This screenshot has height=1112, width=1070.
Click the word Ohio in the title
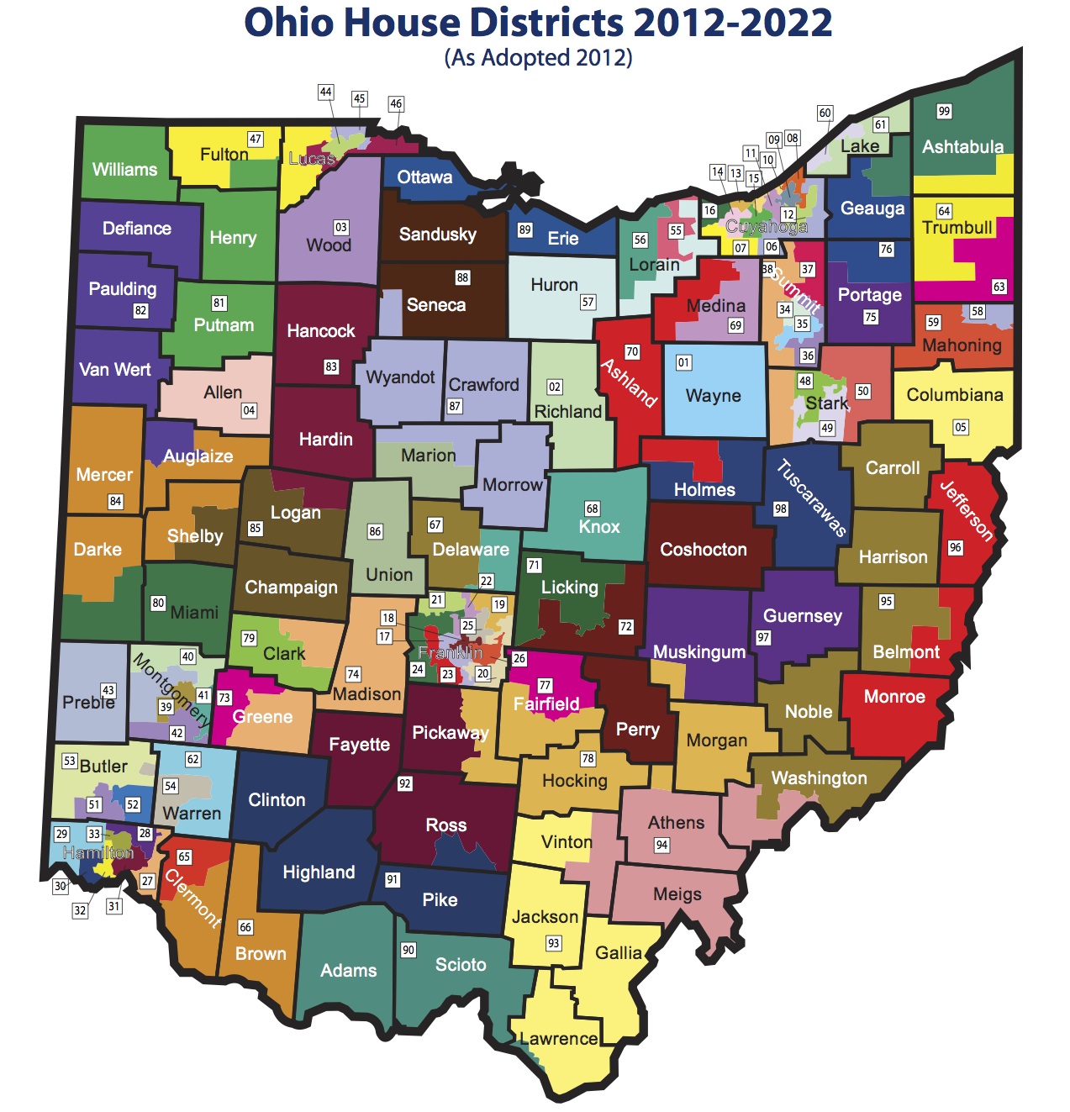tap(287, 24)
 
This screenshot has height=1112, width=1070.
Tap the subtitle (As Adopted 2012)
tap(538, 58)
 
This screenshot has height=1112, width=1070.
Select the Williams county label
tap(124, 170)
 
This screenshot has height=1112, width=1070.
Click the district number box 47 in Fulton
tap(256, 139)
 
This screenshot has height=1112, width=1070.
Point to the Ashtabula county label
tap(962, 147)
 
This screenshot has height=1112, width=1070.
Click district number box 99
tap(944, 112)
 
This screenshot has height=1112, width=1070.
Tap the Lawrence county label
tap(559, 1039)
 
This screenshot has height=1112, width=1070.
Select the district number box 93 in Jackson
tap(553, 943)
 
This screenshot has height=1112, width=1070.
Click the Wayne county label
tap(713, 396)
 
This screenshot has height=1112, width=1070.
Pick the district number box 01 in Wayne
tap(683, 363)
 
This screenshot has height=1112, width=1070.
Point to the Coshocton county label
tap(703, 550)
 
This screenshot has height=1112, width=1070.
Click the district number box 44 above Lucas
tap(326, 92)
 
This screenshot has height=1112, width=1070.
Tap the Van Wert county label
tap(115, 370)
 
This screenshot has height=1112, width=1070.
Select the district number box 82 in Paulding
tap(140, 311)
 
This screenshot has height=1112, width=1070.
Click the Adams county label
tap(348, 971)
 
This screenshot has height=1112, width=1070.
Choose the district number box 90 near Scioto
tap(408, 950)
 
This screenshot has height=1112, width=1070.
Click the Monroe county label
tap(894, 697)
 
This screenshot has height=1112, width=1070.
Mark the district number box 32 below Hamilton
tap(80, 910)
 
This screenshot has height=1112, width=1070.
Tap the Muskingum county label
tap(698, 652)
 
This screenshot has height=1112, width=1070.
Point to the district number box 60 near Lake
tap(825, 113)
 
